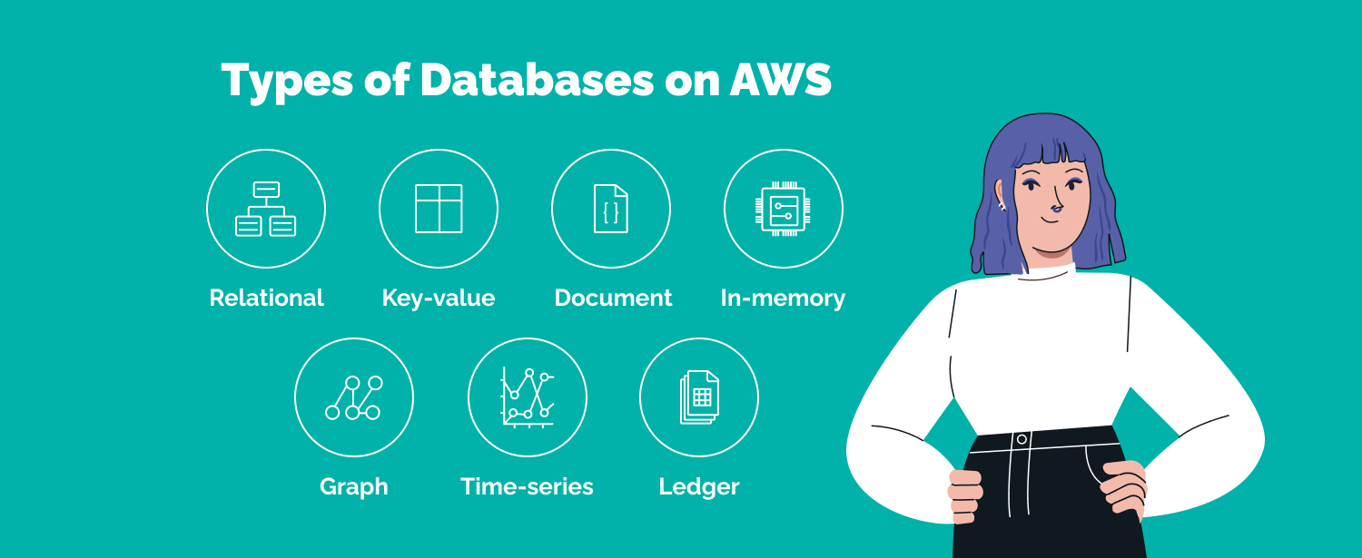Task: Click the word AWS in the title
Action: pos(780,81)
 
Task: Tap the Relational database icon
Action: pos(265,209)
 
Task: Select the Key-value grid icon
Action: pos(439,209)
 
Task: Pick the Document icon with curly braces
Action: pos(611,209)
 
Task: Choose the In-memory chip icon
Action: pos(783,209)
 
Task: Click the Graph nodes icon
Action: pos(353,397)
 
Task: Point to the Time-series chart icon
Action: pos(527,397)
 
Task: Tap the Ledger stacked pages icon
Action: pos(699,397)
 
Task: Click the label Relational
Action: pos(266,298)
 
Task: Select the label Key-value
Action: pos(439,298)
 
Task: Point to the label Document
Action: pos(613,298)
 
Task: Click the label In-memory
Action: pos(783,298)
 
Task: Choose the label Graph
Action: pos(354,486)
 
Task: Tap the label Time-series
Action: pos(527,486)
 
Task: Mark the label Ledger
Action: pos(699,486)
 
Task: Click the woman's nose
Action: pos(1055,209)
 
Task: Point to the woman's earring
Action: pos(1002,205)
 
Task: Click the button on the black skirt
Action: pos(1021,439)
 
